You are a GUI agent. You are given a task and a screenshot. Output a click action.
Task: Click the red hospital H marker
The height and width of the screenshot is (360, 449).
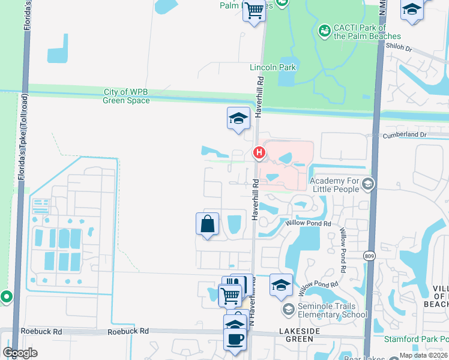[x=259, y=153]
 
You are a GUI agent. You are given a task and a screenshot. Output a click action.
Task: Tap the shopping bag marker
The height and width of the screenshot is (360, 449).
[x=207, y=224]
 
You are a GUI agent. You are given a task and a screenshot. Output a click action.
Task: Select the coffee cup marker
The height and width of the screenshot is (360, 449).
[x=235, y=339]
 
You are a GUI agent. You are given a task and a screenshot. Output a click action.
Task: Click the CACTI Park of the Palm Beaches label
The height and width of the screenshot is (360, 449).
[x=359, y=32]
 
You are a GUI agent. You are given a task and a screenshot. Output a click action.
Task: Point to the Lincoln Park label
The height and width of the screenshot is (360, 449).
[x=273, y=67]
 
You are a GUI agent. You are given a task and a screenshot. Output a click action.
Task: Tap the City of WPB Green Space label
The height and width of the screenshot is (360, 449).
[x=126, y=96]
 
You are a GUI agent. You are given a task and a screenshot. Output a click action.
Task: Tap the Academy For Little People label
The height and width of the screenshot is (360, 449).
[x=334, y=185]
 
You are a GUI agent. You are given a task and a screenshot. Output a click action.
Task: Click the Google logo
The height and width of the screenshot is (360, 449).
[x=20, y=352]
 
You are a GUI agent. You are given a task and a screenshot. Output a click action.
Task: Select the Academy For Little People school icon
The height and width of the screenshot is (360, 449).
[x=368, y=184]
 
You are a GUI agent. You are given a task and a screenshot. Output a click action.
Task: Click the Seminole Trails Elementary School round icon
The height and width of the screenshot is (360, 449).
[x=288, y=309]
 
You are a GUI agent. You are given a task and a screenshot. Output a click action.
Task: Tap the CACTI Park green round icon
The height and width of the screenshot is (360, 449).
[x=324, y=29]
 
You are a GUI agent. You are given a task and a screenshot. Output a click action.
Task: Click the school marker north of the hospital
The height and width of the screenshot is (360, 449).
[x=238, y=118]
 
